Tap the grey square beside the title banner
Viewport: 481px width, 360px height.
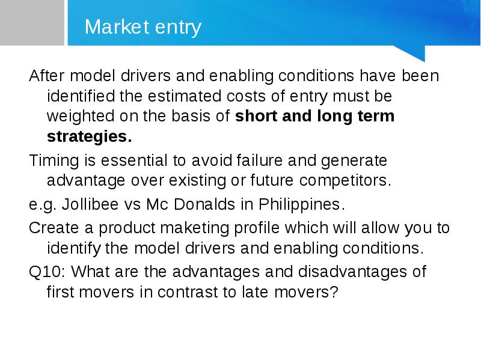coord(32,23)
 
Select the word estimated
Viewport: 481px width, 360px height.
coord(185,96)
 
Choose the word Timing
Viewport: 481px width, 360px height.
coord(54,161)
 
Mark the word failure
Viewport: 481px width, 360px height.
coord(260,160)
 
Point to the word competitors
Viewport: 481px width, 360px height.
coord(345,181)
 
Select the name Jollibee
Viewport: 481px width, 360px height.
coord(90,204)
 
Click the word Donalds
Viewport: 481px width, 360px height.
coord(204,204)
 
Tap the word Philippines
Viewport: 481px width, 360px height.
coord(302,204)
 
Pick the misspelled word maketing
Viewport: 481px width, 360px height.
coord(194,228)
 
